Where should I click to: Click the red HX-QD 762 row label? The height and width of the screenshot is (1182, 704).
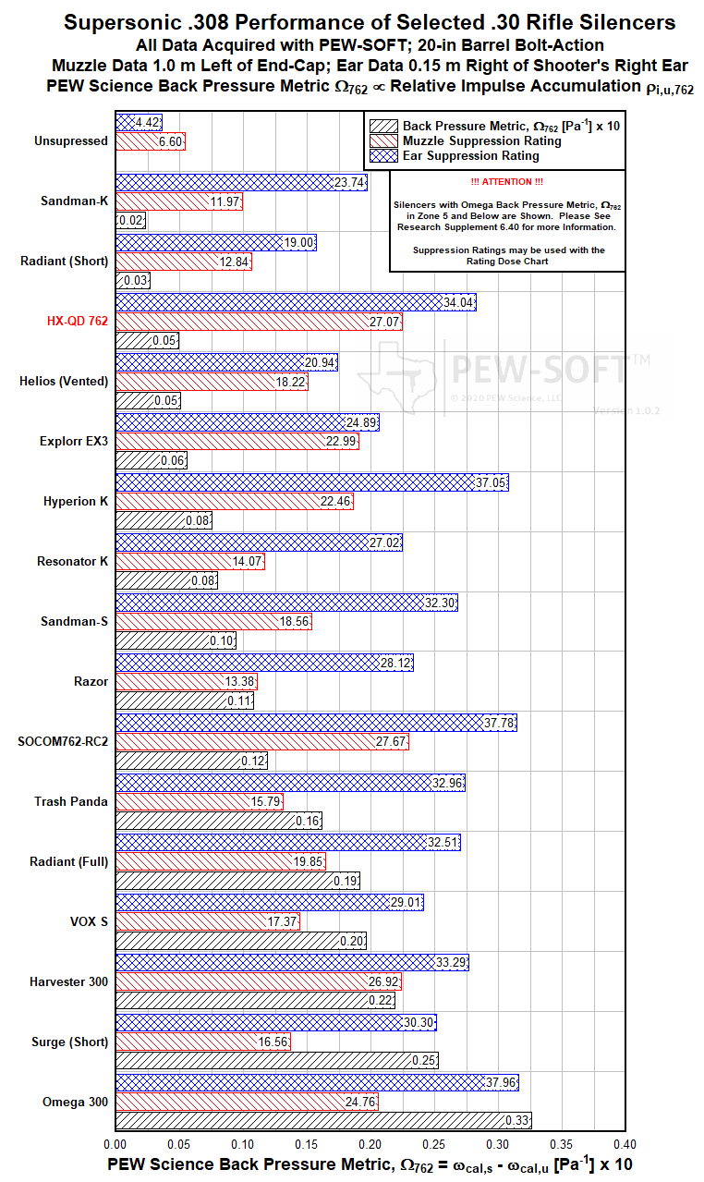78,322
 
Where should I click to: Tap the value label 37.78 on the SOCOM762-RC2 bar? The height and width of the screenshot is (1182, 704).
499,723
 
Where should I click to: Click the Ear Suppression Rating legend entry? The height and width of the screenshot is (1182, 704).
471,156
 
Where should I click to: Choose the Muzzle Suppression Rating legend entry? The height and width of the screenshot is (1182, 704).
481,140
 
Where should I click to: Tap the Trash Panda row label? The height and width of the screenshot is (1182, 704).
71,801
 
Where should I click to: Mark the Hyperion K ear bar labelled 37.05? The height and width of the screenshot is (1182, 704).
311,482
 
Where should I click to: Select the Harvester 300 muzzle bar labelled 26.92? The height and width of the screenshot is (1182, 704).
258,981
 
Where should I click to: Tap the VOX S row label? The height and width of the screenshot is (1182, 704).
90,921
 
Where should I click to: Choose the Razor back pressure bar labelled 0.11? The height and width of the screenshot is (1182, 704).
184,701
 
